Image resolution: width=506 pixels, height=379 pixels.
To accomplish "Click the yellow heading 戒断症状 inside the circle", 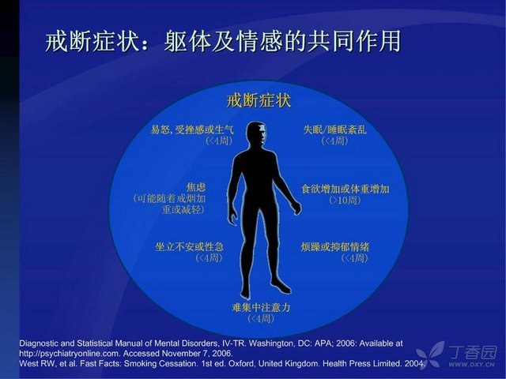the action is pos(259,101).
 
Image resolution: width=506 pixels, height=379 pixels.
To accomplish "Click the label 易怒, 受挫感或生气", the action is pos(192,129).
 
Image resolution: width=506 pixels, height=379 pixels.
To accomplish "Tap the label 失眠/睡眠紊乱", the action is pos(334,129).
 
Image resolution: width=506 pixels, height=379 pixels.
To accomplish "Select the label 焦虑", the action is pos(196,187).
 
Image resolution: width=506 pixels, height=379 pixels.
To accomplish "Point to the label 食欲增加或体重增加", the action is pos(346,189).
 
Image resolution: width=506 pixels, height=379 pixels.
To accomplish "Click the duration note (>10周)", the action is pos(345,200).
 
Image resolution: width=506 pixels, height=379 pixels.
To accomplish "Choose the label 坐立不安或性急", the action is pos(190,247).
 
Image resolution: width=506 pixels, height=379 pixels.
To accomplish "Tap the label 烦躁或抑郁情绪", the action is pos(335,247).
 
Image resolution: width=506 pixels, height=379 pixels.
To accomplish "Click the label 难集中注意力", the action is pos(261,307).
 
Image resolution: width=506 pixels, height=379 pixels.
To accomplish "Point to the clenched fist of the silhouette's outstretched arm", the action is pos(296,208).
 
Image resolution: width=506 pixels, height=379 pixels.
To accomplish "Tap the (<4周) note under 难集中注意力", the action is pos(261,319).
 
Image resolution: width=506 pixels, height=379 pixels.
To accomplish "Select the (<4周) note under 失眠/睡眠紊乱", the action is pos(334,141).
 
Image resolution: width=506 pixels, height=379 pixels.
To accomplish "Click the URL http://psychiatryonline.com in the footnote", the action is pos(70,354).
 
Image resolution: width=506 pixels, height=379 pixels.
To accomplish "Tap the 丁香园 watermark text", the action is pos(473,353).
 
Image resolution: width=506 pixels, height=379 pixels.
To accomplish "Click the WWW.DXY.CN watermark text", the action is pos(471,365).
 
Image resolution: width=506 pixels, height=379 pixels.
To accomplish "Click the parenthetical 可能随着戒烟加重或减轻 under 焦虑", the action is pos(169,204).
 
